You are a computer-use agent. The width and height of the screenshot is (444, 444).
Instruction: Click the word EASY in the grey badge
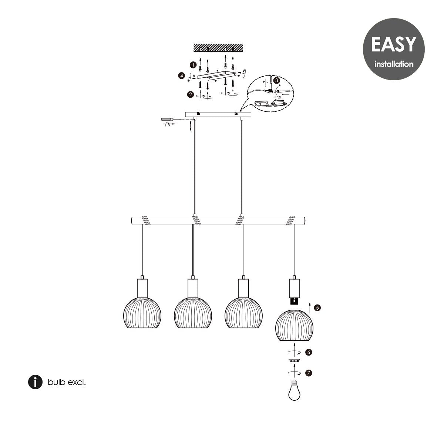[x=394, y=44]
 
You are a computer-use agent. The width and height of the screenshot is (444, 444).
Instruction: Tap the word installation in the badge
[x=394, y=64]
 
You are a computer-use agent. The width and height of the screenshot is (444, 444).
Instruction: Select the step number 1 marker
[x=193, y=65]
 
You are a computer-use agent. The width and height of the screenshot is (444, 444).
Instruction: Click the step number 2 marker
[x=190, y=94]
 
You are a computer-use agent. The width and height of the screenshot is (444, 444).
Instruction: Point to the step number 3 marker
[x=276, y=80]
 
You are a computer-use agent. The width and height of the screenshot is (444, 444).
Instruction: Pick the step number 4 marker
[x=182, y=75]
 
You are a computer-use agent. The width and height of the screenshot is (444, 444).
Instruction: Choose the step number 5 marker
[x=317, y=308]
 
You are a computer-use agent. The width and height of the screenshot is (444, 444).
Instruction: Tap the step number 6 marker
[x=309, y=352]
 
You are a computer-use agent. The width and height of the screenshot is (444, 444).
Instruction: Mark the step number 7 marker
[x=309, y=373]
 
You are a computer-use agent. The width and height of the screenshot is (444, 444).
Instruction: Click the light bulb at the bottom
[x=294, y=390]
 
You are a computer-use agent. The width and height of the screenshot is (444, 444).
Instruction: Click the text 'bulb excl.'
[x=67, y=382]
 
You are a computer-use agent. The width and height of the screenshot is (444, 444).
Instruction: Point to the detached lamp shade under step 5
[x=294, y=325]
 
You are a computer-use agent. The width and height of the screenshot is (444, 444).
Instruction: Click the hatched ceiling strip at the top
[x=218, y=47]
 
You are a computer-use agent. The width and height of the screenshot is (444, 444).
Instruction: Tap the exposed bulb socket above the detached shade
[x=294, y=301]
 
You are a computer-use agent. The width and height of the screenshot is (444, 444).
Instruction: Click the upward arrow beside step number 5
[x=310, y=308]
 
